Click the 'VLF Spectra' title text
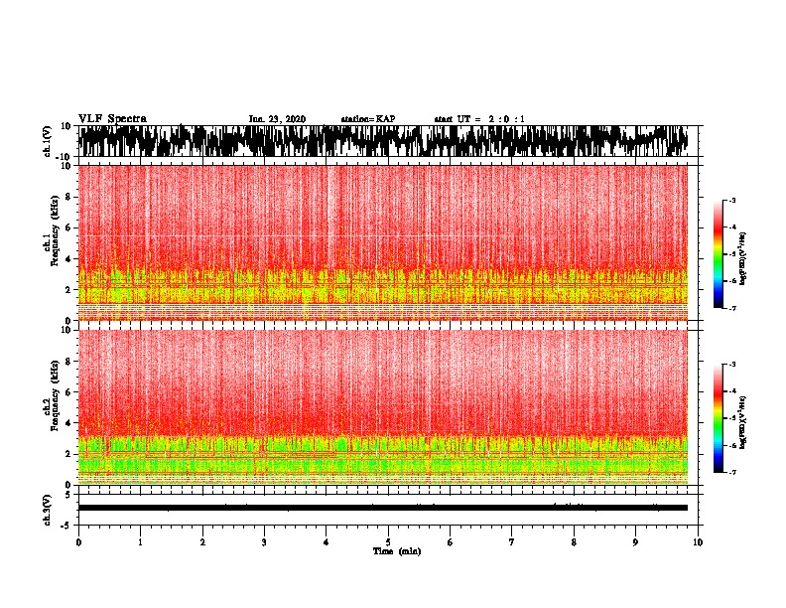pyautogui.click(x=112, y=118)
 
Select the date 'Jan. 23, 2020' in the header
pyautogui.click(x=277, y=119)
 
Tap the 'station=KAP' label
pyautogui.click(x=367, y=119)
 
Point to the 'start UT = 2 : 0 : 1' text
pyautogui.click(x=479, y=119)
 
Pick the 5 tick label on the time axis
pyautogui.click(x=388, y=541)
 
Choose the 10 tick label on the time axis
pyautogui.click(x=698, y=541)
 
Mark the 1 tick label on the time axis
pyautogui.click(x=140, y=541)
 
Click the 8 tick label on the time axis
pyautogui.click(x=574, y=541)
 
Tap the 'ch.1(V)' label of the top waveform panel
pyautogui.click(x=48, y=141)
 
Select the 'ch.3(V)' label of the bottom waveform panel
pyautogui.click(x=48, y=507)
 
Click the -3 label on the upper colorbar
pyautogui.click(x=732, y=201)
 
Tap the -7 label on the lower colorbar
pyautogui.click(x=732, y=473)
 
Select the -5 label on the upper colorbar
pyautogui.click(x=732, y=254)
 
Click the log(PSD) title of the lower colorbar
pyautogui.click(x=743, y=418)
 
